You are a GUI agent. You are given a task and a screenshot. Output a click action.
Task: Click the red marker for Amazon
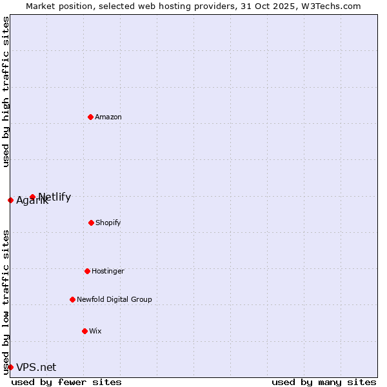(90, 117)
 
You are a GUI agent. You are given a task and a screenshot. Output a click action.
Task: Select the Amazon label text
(108, 117)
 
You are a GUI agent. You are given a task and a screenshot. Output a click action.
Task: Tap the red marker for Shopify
(91, 223)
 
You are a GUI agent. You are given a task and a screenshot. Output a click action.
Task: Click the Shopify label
(108, 223)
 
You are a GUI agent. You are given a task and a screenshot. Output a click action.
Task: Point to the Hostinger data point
(87, 271)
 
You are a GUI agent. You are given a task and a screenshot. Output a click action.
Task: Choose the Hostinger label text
(108, 272)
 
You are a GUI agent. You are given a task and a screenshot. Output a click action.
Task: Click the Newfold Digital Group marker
(72, 299)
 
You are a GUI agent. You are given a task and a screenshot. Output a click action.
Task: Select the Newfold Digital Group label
(114, 300)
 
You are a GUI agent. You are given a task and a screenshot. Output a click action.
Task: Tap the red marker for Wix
(84, 331)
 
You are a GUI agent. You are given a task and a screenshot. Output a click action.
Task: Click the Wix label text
(95, 332)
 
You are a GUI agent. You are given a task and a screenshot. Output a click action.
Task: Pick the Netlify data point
(32, 197)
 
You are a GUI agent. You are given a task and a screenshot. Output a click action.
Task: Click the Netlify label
(55, 197)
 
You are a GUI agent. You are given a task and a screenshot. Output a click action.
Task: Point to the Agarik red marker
(10, 200)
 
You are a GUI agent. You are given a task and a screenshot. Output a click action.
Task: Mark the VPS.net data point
(10, 367)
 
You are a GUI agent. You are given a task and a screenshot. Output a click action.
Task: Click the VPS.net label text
(36, 368)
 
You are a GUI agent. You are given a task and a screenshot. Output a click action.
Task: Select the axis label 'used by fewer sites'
(66, 382)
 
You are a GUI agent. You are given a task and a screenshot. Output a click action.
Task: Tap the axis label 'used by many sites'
(323, 382)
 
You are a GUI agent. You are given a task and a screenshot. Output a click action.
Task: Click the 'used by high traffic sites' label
(6, 92)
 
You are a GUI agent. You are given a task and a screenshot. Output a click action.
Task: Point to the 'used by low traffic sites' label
(6, 302)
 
